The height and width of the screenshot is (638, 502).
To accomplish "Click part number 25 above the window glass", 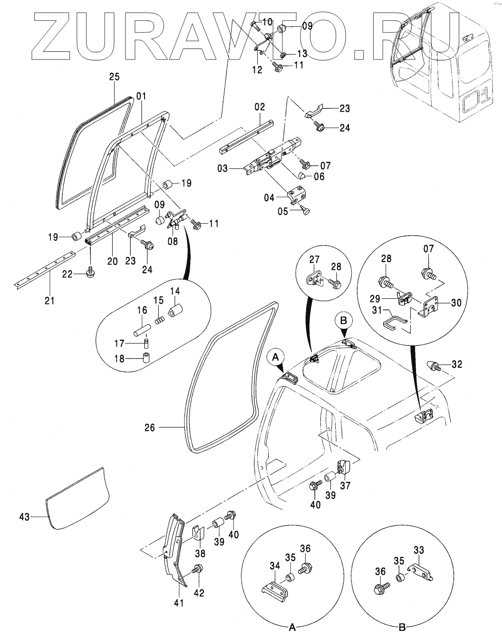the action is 115,77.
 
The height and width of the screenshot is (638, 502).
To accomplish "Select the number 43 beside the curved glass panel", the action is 24,517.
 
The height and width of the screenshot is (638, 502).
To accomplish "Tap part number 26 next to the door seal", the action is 150,428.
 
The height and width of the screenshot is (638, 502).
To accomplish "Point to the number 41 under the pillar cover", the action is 179,603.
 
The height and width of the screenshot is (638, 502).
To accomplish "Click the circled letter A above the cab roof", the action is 276,357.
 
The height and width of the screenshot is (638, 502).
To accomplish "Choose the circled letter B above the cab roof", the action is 343,320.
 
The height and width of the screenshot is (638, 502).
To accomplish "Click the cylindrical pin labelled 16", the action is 142,330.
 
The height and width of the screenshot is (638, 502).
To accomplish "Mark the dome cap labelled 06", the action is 302,175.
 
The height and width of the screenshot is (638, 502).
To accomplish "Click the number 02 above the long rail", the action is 260,107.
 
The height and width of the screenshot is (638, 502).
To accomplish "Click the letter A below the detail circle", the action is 292,628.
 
